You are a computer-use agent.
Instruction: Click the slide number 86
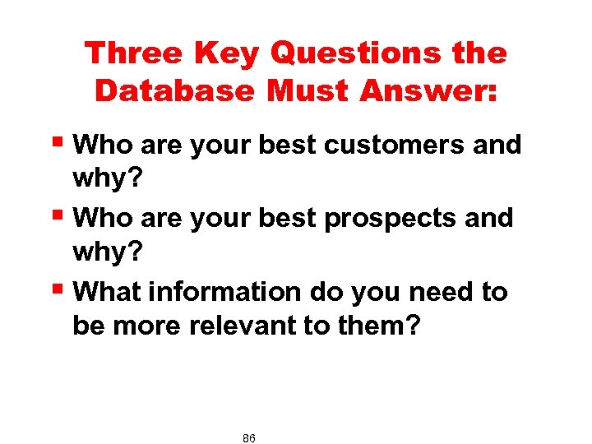(x=249, y=438)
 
